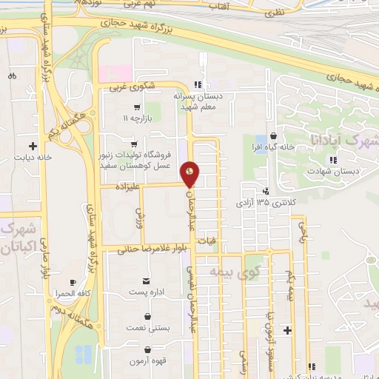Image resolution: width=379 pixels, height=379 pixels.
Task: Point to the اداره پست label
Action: coord(147,292)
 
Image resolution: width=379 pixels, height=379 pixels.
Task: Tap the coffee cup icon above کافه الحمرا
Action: coord(73,283)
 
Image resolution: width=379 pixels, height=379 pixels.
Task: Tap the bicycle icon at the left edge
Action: coord(12,76)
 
